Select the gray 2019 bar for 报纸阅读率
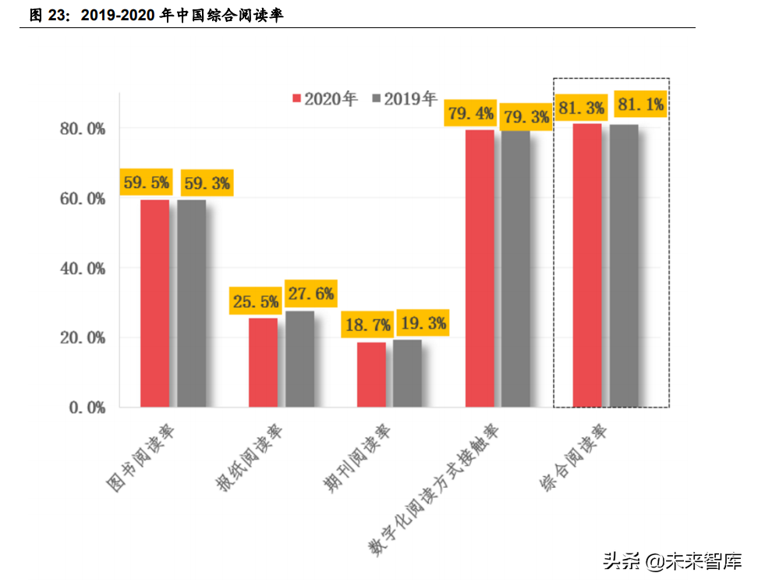(299, 359)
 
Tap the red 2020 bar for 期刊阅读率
(371, 375)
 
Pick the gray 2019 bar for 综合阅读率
(624, 265)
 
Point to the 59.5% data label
(145, 183)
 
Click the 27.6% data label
(310, 294)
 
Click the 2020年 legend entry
(324, 99)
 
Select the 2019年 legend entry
(406, 99)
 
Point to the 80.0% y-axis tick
(83, 129)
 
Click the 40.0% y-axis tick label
(83, 269)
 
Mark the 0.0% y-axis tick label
(86, 407)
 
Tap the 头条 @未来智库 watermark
(672, 560)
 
